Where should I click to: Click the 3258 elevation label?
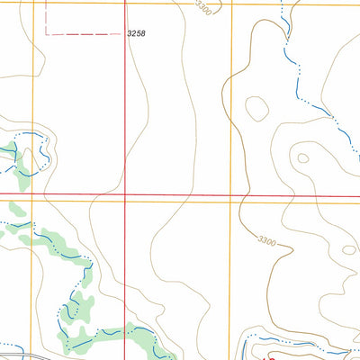click(137, 33)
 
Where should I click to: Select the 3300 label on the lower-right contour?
click(265, 240)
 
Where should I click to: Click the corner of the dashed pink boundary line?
click(47, 33)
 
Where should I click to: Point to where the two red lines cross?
click(124, 193)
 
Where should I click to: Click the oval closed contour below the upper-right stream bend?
click(256, 109)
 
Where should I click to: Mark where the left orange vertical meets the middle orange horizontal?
click(33, 201)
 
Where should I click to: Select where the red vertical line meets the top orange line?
click(124, 4)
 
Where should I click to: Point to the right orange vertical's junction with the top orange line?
click(232, 4)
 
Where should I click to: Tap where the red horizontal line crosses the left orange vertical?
click(33, 193)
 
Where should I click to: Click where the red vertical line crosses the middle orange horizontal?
click(124, 201)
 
